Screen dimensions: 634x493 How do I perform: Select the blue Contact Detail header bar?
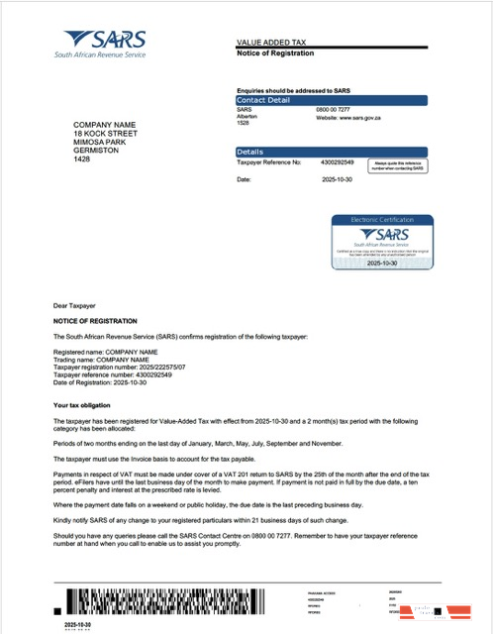[331, 100]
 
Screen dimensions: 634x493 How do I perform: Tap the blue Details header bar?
[331, 152]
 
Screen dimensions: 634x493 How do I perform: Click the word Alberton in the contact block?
[247, 117]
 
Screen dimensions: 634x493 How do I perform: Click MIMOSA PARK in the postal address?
[103, 142]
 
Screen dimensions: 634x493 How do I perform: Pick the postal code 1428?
[82, 159]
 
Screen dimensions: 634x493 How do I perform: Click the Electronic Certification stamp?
[380, 242]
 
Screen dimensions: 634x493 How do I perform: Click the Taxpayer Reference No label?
[269, 160]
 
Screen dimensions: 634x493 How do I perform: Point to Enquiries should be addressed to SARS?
[295, 89]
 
